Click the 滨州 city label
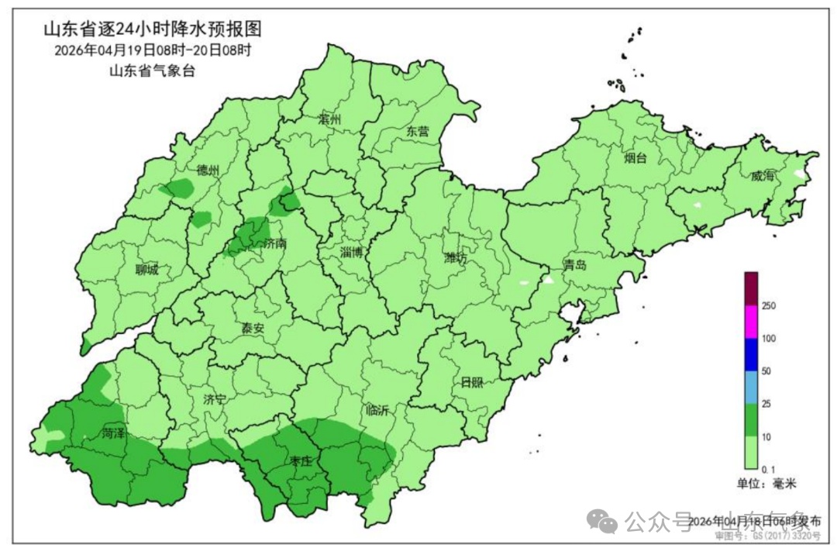(x=329, y=120)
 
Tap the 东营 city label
(x=418, y=132)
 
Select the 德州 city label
(x=208, y=171)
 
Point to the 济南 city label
(x=275, y=243)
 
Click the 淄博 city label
(x=352, y=252)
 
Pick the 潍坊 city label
(x=456, y=258)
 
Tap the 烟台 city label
(x=635, y=158)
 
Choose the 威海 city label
(x=762, y=176)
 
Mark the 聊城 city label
(x=146, y=270)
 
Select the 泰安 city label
(x=253, y=328)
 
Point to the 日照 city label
(x=471, y=381)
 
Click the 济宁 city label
(x=215, y=400)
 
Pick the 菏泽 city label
(x=112, y=434)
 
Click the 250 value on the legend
(x=769, y=306)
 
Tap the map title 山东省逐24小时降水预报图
(x=152, y=29)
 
